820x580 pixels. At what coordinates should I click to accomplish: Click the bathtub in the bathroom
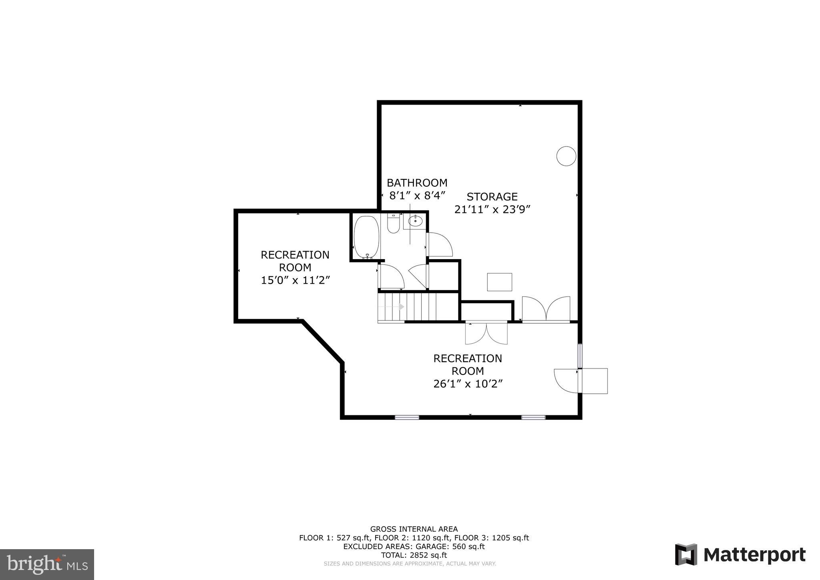pos(366,237)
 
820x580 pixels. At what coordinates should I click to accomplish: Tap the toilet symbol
pos(393,224)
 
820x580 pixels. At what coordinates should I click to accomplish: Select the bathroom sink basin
pos(416,221)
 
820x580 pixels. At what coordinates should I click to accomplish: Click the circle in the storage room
pos(566,156)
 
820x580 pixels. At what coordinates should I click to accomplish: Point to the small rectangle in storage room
pos(499,282)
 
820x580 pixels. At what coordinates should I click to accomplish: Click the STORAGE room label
pos(492,197)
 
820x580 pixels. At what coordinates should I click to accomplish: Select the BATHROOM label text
pos(417,183)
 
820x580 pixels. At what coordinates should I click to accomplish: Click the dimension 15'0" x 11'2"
pos(295,280)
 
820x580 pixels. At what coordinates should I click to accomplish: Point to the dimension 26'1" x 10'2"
pos(468,384)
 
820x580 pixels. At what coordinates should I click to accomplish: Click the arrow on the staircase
pos(401,306)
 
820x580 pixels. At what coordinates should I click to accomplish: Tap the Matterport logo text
pos(754,555)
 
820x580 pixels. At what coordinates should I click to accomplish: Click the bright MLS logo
pos(47,564)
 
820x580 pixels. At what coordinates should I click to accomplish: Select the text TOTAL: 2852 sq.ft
pos(414,555)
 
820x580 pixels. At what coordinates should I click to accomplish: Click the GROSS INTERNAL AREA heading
pos(414,529)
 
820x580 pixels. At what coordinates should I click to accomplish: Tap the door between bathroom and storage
pos(440,244)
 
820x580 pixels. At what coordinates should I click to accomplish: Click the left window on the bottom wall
pos(407,417)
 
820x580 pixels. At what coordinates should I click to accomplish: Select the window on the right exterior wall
pos(580,355)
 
